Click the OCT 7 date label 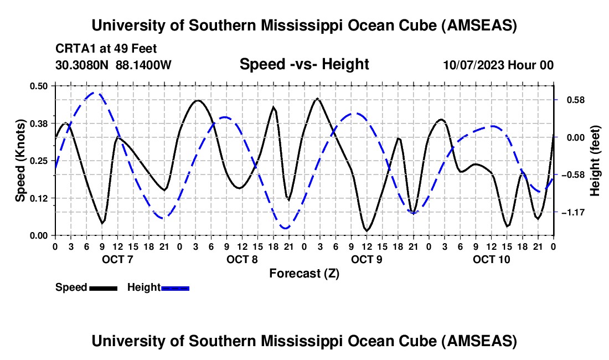click(117, 259)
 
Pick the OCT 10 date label click(490, 259)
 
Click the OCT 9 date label click(366, 259)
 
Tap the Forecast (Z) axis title click(304, 273)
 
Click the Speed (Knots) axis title click(20, 161)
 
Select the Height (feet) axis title click(595, 161)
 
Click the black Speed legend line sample click(103, 288)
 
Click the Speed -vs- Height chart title click(304, 64)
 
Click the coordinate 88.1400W click(143, 65)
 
